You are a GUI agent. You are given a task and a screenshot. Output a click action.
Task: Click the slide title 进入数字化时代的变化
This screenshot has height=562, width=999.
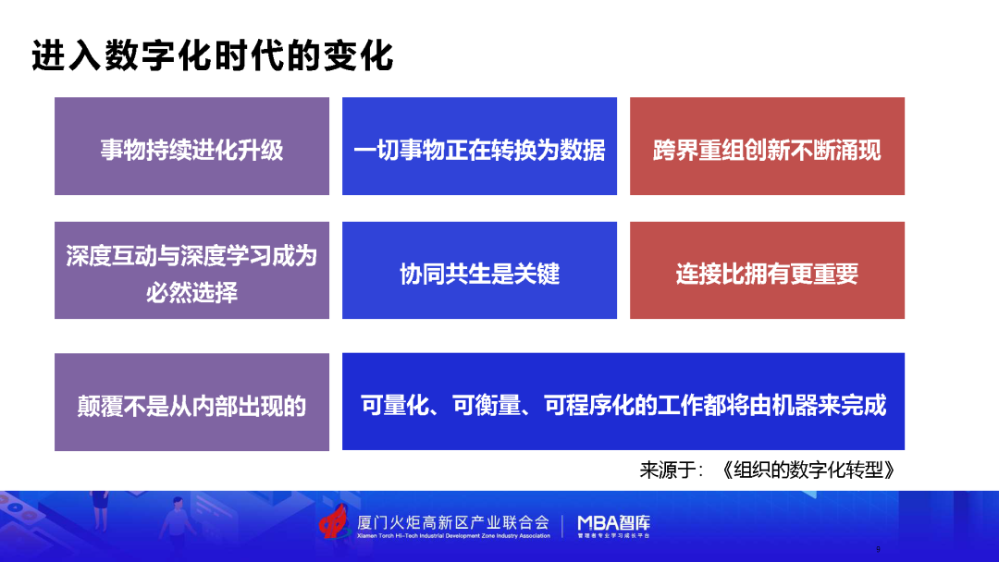click(212, 55)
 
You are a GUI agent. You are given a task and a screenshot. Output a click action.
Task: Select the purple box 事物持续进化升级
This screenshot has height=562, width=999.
click(191, 146)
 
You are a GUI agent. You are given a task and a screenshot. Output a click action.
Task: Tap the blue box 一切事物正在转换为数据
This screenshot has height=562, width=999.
click(479, 146)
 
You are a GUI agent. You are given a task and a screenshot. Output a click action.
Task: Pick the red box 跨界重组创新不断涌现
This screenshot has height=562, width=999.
click(767, 146)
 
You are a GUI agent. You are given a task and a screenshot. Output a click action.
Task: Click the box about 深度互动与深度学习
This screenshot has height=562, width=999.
click(191, 270)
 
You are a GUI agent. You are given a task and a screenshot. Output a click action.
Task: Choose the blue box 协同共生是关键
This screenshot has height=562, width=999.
click(479, 270)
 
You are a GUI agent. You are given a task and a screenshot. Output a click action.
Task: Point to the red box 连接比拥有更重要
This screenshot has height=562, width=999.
click(767, 270)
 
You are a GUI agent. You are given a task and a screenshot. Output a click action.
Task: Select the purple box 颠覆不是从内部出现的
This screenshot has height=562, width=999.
click(191, 401)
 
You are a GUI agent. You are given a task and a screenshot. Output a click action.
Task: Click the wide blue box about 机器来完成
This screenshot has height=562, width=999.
click(623, 401)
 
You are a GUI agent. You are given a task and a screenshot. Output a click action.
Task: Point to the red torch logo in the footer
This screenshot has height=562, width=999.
click(335, 522)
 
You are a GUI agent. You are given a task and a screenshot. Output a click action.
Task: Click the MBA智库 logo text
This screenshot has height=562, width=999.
click(613, 523)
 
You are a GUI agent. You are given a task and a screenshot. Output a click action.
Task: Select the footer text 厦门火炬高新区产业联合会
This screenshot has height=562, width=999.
click(453, 522)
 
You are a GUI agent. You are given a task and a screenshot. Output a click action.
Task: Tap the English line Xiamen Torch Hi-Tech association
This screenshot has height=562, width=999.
click(453, 536)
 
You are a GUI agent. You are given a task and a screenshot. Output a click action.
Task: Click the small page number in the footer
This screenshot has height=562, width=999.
click(878, 549)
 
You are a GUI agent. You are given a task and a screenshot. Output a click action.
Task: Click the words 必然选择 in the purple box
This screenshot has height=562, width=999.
click(191, 292)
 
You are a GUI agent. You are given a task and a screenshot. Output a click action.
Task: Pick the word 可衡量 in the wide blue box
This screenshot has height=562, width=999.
click(487, 405)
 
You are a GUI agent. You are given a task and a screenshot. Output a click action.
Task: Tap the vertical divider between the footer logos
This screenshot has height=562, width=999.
click(562, 526)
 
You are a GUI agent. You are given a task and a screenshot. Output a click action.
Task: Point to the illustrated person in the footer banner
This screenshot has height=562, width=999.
click(177, 517)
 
